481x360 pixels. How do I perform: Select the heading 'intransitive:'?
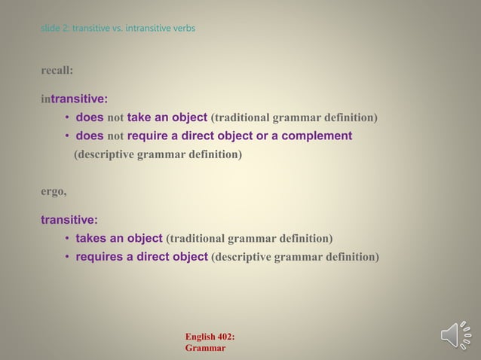[x=74, y=98]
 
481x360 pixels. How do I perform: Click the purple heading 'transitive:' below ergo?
[x=69, y=220]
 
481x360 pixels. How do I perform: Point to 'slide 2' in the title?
[x=54, y=29]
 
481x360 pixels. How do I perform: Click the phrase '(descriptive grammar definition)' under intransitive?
[x=158, y=155]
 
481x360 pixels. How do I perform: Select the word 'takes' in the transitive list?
[x=90, y=239]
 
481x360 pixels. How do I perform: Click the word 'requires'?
[x=99, y=258]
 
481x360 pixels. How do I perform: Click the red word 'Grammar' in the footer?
[x=204, y=349]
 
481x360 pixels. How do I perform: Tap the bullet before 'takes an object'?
[x=67, y=239]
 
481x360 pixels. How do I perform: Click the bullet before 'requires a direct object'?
[x=67, y=258]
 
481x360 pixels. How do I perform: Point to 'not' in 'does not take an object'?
[x=115, y=117]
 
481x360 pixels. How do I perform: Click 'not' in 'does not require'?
[x=115, y=136]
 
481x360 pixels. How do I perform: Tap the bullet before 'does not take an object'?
[x=67, y=117]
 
